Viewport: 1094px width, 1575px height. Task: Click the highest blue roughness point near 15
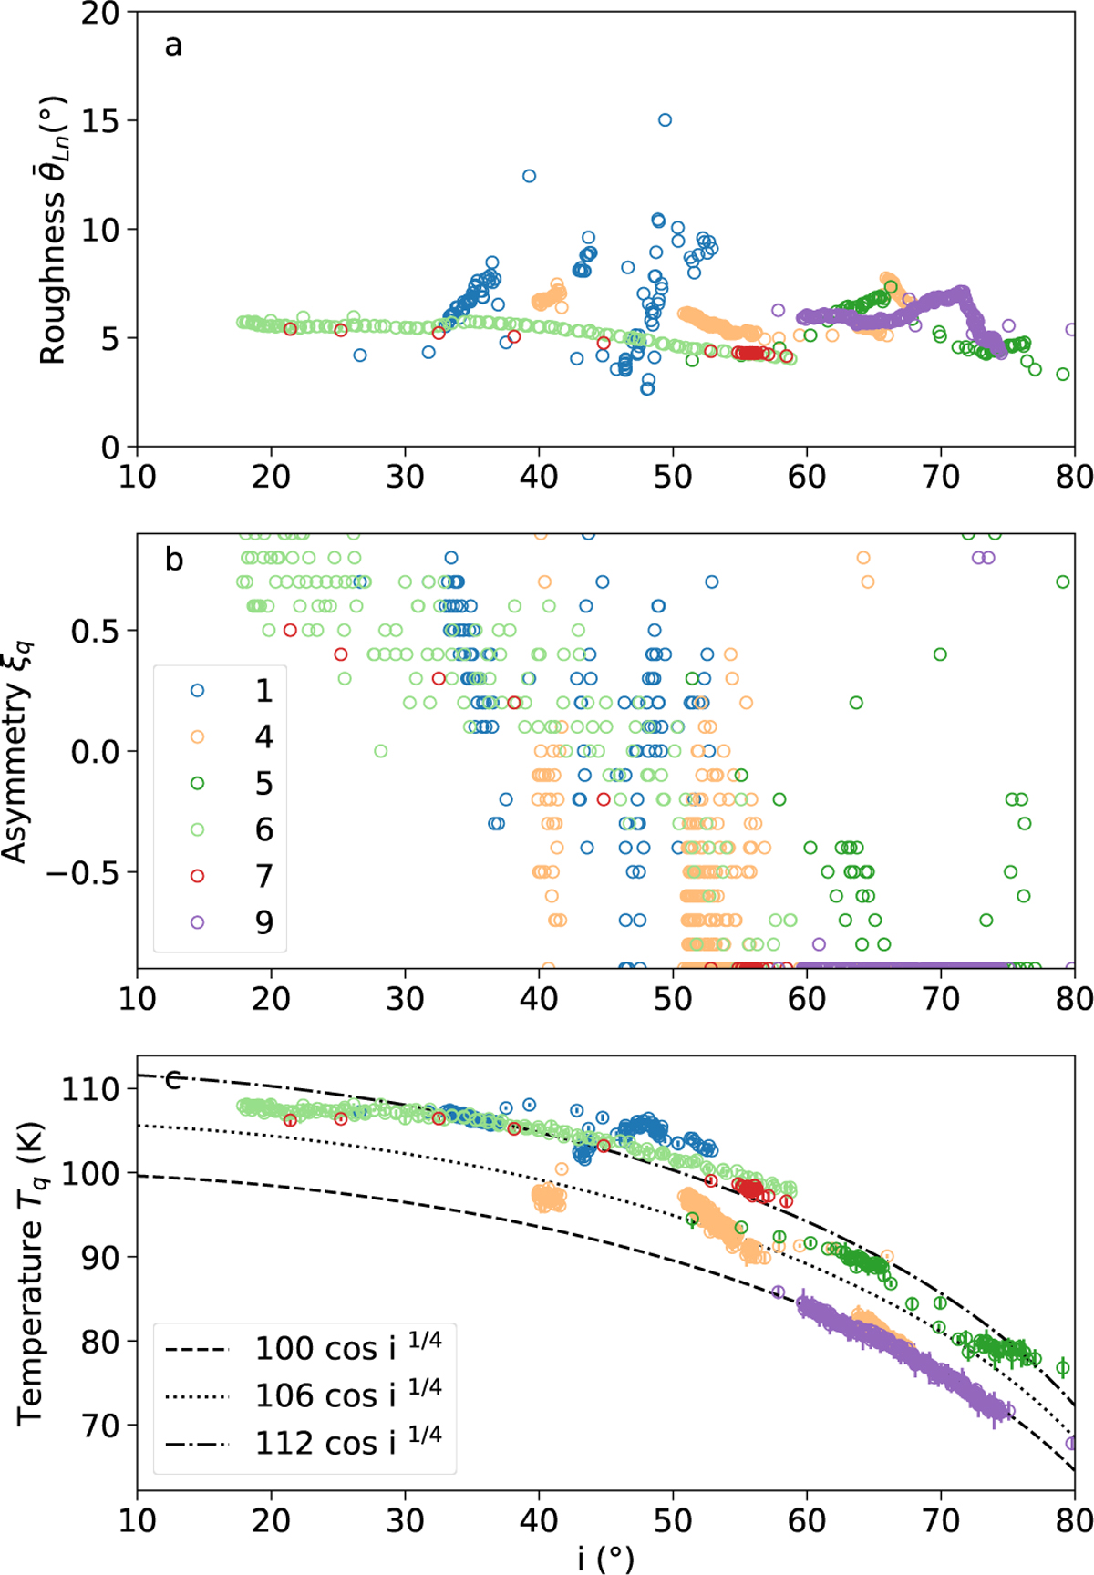pyautogui.click(x=665, y=120)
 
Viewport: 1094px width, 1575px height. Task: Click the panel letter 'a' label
pyautogui.click(x=173, y=45)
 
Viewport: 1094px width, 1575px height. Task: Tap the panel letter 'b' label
pyautogui.click(x=174, y=559)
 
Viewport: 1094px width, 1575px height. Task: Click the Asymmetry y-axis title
pyautogui.click(x=16, y=751)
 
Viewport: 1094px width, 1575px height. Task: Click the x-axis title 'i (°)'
pyautogui.click(x=605, y=1558)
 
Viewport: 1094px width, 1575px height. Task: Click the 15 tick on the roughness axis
pyautogui.click(x=101, y=121)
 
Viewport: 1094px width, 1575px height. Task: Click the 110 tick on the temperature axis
pyautogui.click(x=90, y=1089)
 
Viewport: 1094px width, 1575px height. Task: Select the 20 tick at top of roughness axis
pyautogui.click(x=101, y=14)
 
